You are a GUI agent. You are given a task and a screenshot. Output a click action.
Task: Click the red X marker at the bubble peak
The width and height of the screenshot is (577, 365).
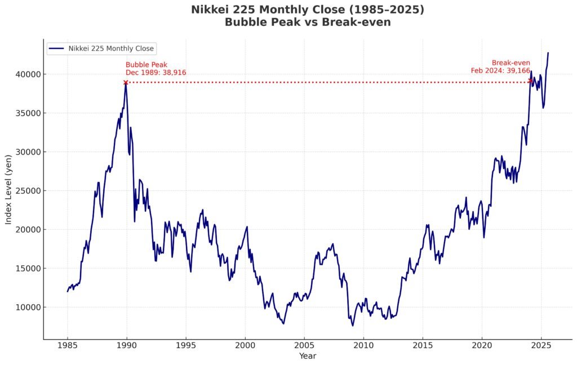point(126,82)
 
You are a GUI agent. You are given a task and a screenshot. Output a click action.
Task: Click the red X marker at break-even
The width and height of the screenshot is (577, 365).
point(530,81)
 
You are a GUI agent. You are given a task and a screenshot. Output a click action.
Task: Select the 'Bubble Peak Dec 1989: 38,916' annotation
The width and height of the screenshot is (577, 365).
point(156,69)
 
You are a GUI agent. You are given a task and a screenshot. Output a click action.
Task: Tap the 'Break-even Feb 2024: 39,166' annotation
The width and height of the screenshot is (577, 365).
point(500,66)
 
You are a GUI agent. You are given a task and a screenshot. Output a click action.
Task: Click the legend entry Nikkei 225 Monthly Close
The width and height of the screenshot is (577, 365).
point(111,48)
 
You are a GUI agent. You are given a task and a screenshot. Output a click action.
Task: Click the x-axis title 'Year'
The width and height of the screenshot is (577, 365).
point(308,357)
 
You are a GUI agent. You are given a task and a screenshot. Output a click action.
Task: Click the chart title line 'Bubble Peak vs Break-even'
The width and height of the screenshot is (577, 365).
point(308,23)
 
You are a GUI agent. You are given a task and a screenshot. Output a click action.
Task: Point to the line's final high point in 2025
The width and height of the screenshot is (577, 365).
point(548,53)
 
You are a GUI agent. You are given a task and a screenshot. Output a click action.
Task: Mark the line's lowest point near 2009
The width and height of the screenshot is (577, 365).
point(353,326)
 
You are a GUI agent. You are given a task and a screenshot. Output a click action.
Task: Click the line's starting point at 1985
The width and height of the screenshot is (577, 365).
point(68,291)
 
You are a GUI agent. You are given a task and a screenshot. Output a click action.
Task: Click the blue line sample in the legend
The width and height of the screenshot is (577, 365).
point(57,48)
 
